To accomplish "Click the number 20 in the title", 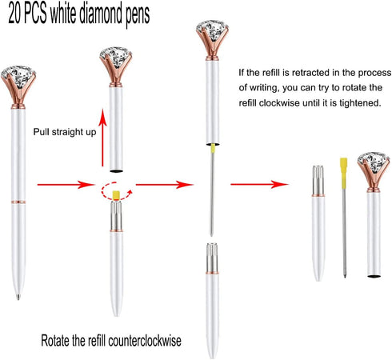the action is pos(15,14).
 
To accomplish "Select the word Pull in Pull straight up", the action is pos(41,132).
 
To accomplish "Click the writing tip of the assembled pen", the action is pos(18,297).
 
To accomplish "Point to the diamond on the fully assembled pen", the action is pos(18,75).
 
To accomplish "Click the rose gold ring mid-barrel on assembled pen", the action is pos(18,202).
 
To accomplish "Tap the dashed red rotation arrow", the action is pos(116,190).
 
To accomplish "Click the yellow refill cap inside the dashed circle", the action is pos(116,195).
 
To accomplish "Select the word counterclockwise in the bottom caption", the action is pos(145,341).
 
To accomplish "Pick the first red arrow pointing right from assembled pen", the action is pos(66,185).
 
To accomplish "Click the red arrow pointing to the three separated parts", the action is pos(259,184).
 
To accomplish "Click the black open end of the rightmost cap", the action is pos(374,276).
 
